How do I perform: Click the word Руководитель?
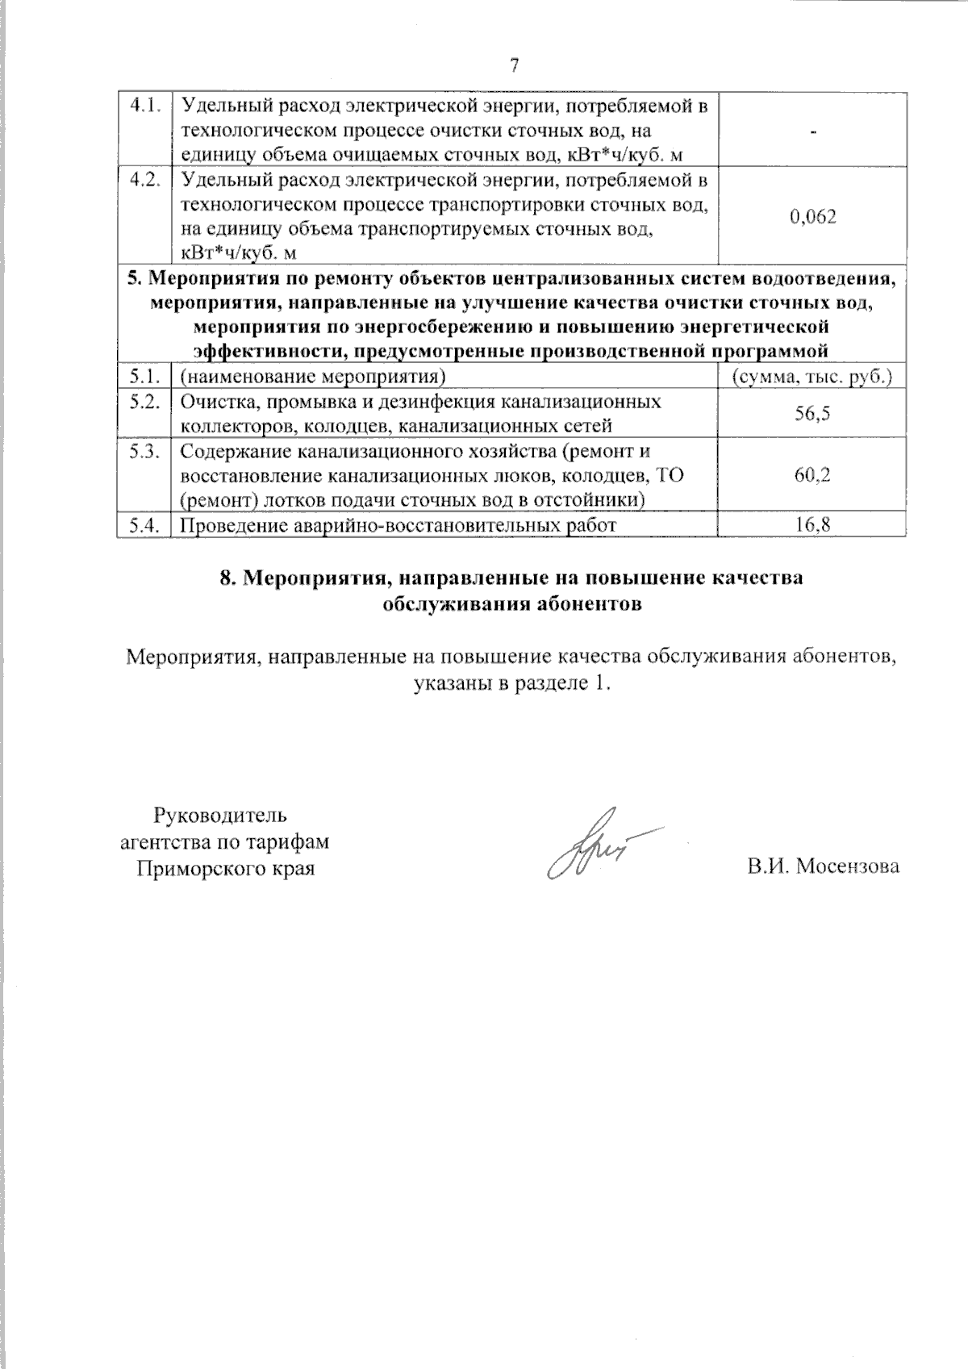pyautogui.click(x=219, y=814)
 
